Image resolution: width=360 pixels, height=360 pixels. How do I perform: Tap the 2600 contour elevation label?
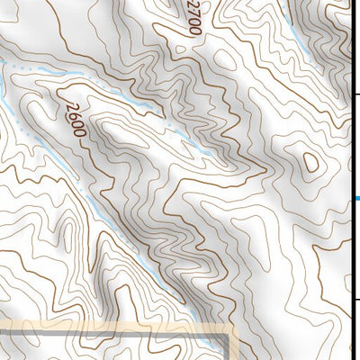coord(75,118)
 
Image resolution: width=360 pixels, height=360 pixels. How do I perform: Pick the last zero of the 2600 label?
coord(79,130)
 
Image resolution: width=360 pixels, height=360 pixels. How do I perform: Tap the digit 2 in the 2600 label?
coord(68,105)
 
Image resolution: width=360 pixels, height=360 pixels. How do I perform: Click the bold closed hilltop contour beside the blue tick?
coord(311,162)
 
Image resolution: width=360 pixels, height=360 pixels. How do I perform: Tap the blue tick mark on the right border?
coord(356,199)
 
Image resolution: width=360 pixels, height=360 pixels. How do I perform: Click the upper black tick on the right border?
coord(355,94)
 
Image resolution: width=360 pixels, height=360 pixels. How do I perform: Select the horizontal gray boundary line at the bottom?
coord(108,334)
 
